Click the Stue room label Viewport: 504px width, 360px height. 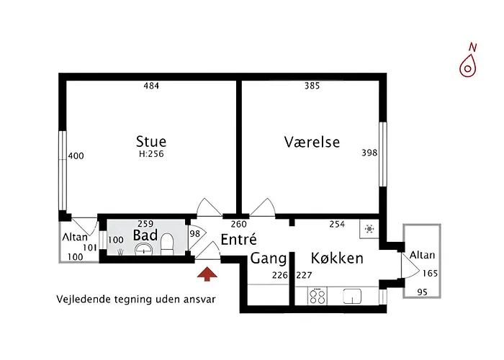click(x=151, y=141)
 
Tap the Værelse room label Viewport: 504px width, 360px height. click(x=312, y=142)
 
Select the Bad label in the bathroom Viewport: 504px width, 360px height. click(x=145, y=235)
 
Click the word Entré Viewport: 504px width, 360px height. click(x=238, y=240)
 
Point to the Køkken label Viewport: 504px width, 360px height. click(x=336, y=258)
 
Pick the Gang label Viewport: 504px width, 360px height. click(x=269, y=258)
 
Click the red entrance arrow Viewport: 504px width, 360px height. click(x=207, y=274)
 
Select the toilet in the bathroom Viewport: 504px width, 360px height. click(x=167, y=246)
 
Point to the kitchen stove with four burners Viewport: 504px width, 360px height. click(x=318, y=296)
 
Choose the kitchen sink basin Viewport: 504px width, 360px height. click(x=353, y=296)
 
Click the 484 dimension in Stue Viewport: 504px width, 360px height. click(x=150, y=86)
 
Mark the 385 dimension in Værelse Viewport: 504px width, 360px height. click(x=312, y=86)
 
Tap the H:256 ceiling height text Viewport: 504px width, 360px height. click(x=151, y=153)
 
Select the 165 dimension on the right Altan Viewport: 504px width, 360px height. click(x=429, y=274)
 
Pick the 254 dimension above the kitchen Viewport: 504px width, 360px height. click(x=338, y=224)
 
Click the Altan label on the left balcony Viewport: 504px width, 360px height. click(x=74, y=237)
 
